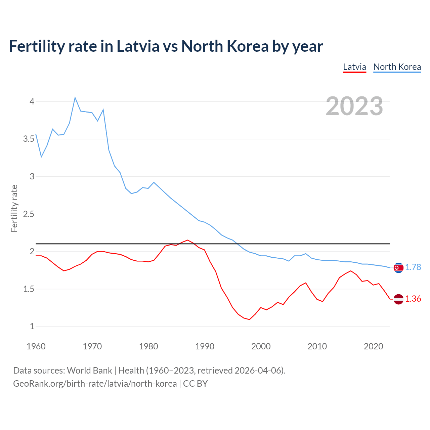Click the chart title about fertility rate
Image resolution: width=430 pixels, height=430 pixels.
coord(166,46)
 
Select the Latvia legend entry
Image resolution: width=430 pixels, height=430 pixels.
coord(354,67)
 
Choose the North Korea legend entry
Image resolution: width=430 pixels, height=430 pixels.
coord(397,67)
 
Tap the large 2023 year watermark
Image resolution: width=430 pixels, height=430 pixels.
coord(354,106)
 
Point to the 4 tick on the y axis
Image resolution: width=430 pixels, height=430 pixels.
coord(32,101)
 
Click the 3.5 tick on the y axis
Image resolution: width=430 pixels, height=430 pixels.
coord(29,139)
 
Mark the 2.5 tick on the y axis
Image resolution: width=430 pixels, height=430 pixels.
coord(29,214)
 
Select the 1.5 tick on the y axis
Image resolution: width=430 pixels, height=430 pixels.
coord(29,289)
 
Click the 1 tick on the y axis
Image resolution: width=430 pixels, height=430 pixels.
coord(32,327)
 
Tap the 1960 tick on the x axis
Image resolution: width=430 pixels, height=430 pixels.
coord(36,346)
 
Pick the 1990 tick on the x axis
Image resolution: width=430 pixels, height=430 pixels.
coord(205,346)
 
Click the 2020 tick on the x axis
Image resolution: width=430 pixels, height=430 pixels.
coord(373,346)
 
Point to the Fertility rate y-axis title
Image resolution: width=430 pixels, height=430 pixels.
coord(14,208)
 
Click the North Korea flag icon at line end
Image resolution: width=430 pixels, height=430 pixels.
coord(398,268)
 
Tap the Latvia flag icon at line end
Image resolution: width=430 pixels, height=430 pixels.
coord(398,299)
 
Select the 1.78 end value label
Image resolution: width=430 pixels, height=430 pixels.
coord(413,267)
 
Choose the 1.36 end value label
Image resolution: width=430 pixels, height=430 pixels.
coord(413,299)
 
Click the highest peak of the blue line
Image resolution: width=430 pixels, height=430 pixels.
coord(75,97)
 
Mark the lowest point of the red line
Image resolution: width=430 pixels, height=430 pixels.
coord(249,319)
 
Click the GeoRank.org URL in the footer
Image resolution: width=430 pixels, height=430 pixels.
coord(95,384)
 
